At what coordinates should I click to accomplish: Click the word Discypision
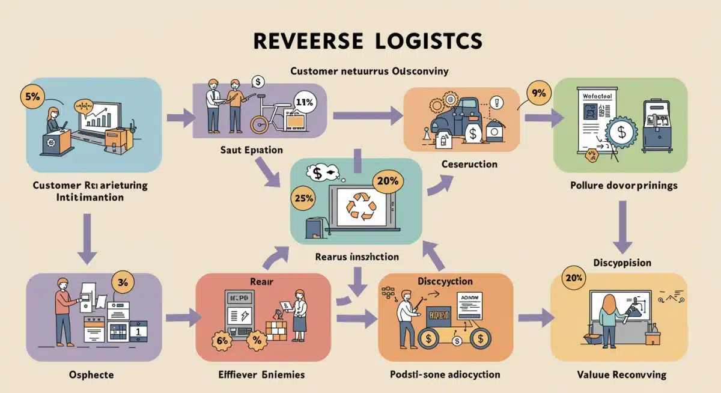[x=622, y=263]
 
